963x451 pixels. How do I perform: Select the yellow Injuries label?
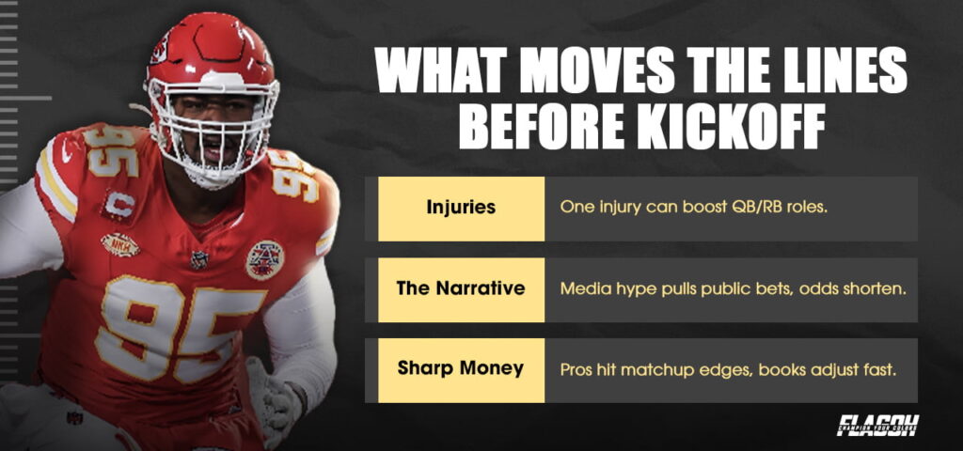[x=461, y=208]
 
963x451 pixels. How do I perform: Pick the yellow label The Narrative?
[x=461, y=288]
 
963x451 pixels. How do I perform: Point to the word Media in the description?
[x=583, y=288]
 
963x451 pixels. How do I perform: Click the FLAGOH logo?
[x=877, y=426]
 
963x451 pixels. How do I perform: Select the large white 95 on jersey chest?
[x=179, y=324]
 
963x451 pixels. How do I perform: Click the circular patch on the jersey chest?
[x=264, y=259]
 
